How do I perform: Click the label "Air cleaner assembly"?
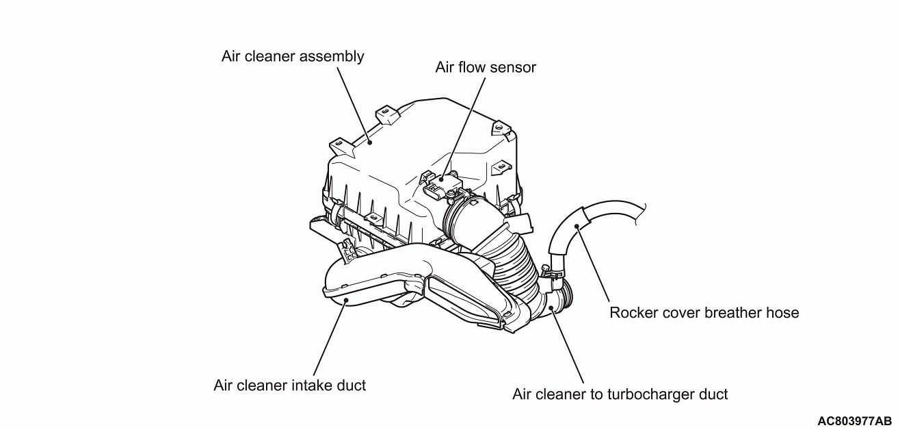[293, 56]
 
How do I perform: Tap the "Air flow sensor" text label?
[486, 67]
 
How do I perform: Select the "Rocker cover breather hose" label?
[704, 313]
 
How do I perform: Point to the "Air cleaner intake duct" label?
[289, 385]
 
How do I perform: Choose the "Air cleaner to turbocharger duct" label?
[620, 394]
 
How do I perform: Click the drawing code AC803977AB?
[854, 420]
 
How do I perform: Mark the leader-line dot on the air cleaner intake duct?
[347, 300]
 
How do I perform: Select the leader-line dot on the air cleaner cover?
[369, 141]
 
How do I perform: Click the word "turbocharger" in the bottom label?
[646, 394]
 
